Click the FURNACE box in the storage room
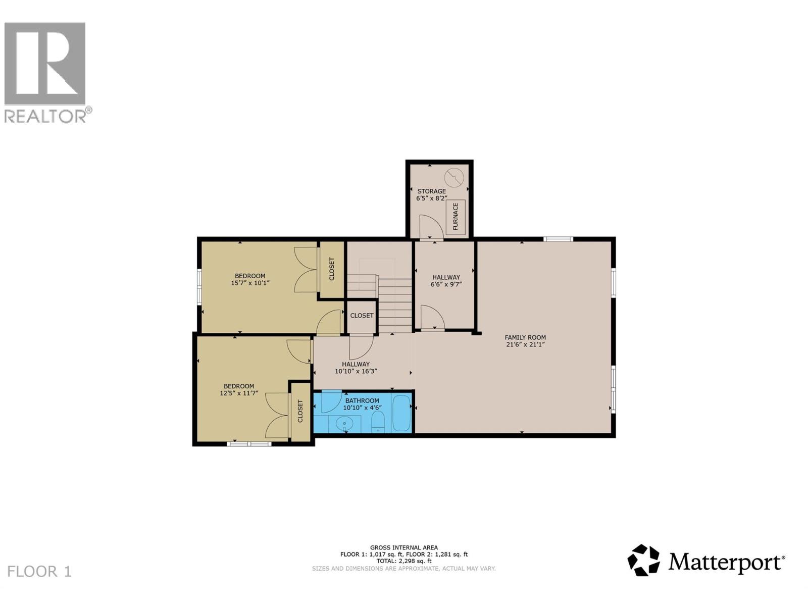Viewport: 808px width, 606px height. pos(455,216)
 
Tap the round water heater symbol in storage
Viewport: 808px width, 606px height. pos(453,177)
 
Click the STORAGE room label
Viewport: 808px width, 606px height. pos(431,191)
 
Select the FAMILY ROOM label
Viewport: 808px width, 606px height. pos(525,337)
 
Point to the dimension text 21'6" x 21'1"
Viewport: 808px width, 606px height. pos(525,345)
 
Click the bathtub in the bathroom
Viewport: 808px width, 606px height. pos(402,414)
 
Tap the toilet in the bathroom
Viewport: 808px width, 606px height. pos(378,422)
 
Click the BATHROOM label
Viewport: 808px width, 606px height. pos(362,400)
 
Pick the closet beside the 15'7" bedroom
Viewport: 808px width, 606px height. pos(332,269)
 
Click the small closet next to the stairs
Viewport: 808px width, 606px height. pos(362,316)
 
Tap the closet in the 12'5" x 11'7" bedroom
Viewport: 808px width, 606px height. pos(300,411)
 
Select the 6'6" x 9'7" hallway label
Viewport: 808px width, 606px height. pos(446,281)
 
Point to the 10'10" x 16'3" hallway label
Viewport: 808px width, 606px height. pos(356,367)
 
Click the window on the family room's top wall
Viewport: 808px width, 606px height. pos(558,239)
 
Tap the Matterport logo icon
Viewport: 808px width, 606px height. pos(643,560)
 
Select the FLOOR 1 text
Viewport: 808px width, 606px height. pos(39,572)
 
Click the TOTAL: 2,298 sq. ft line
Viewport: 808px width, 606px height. pos(403,561)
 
